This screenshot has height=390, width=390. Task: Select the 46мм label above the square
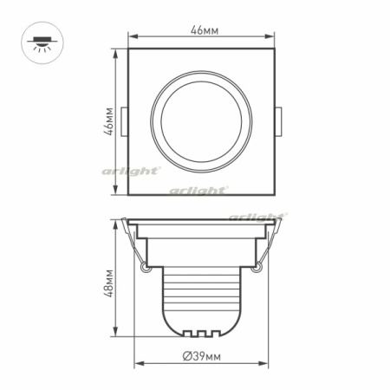point(204,30)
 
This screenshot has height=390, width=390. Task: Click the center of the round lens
point(202,121)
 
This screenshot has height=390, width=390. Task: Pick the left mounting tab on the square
point(126,121)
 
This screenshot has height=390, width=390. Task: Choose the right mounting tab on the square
point(278,121)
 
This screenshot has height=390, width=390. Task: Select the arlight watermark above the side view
point(258,215)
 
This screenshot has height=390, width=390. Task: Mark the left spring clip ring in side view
point(146,270)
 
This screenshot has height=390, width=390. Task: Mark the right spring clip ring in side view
point(257,270)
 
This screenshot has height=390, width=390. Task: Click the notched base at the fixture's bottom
point(202,332)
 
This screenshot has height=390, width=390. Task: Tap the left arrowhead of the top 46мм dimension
point(132,36)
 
